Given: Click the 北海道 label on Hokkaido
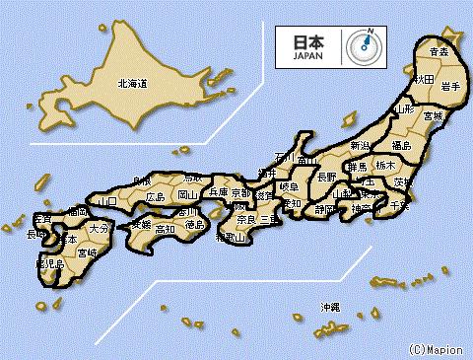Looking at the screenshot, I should tap(131, 85).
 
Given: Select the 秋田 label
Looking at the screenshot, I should tap(424, 78).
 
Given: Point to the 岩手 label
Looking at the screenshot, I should tap(451, 87).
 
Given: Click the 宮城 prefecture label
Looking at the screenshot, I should tap(432, 115).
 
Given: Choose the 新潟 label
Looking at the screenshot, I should tap(363, 146).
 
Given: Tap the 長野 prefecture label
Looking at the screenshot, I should tap(326, 177).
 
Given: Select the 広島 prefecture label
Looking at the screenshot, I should tap(156, 197).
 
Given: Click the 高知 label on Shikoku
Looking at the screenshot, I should tap(165, 229).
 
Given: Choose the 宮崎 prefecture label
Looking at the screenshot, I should tap(88, 253).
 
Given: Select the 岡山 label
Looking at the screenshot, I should tap(188, 195).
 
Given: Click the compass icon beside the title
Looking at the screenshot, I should tap(364, 45).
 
